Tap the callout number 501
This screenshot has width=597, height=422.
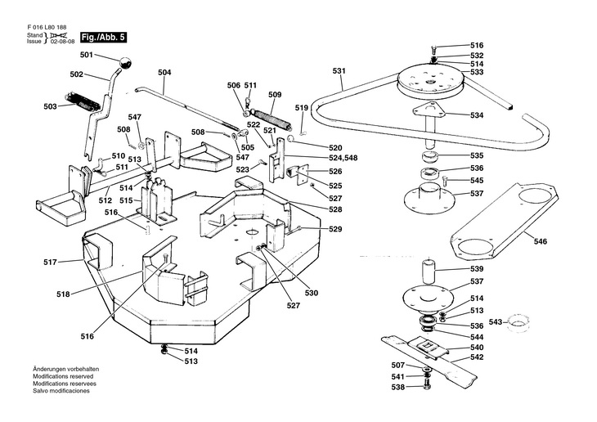pyautogui.click(x=87, y=55)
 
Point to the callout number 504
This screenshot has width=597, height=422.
pyautogui.click(x=165, y=73)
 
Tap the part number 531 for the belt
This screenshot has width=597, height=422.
pyautogui.click(x=339, y=71)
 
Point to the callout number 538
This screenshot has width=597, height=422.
pyautogui.click(x=397, y=388)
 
